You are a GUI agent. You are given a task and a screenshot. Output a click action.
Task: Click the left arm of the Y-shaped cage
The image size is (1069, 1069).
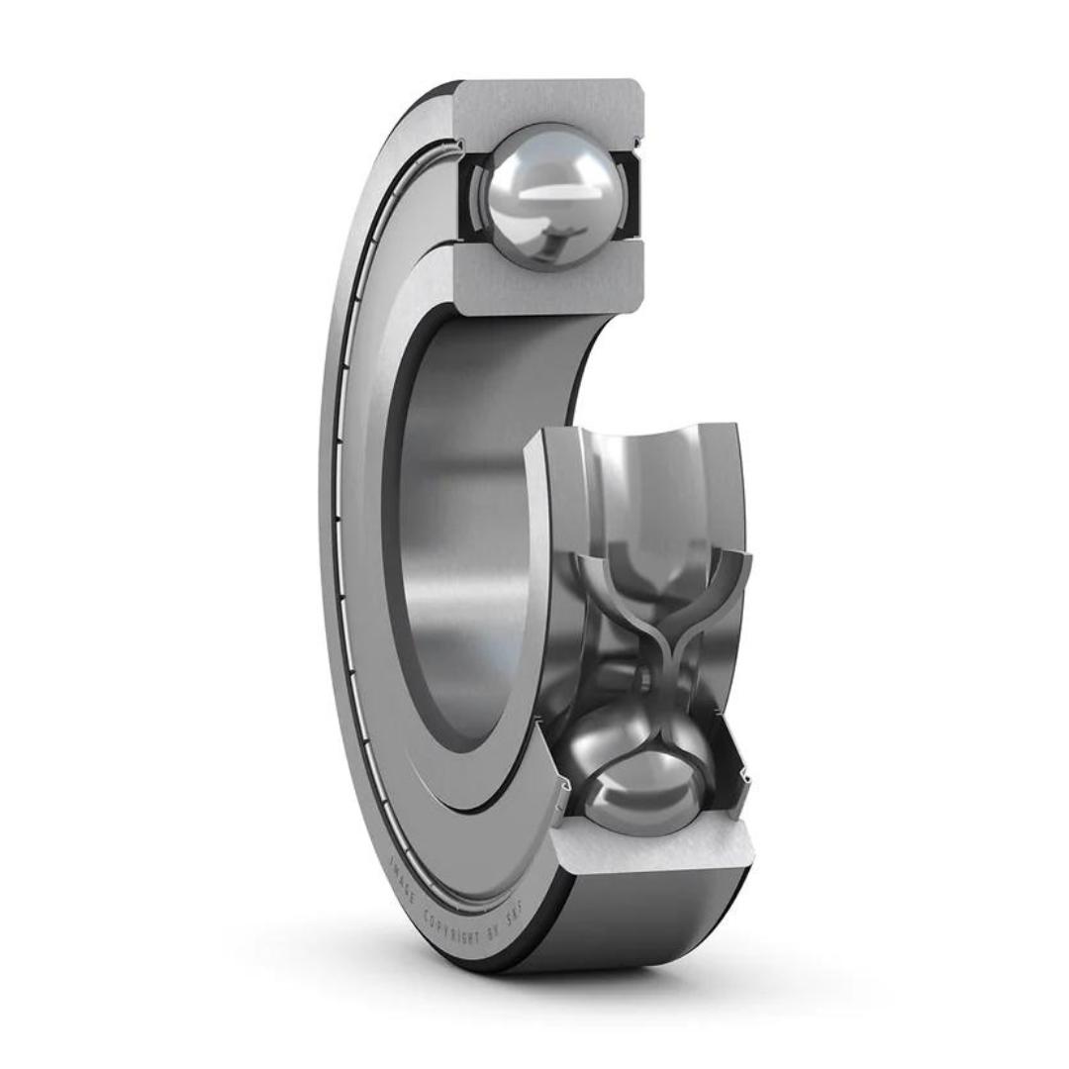pos(604,584)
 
